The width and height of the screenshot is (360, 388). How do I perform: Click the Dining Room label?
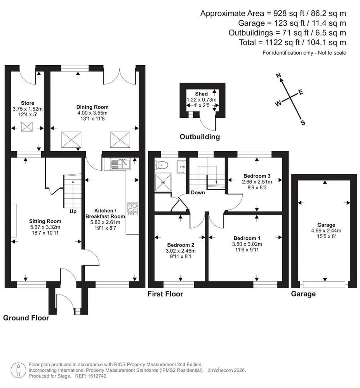point(92,107)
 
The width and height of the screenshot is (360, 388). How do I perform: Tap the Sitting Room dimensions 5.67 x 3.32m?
point(45,227)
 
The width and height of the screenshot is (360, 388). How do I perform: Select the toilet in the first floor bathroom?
point(161,165)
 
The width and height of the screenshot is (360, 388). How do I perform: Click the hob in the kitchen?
point(132,209)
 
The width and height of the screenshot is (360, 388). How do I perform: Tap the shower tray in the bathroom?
point(163,182)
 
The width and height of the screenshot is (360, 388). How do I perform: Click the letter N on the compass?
point(278,75)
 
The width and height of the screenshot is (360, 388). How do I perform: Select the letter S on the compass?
point(303,123)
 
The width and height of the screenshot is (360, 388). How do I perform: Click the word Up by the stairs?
point(73,211)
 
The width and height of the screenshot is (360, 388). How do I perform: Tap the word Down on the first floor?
point(198,192)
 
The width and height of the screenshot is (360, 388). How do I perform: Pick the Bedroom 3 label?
point(257,176)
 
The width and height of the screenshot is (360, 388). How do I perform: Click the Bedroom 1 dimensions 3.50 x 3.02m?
point(247,244)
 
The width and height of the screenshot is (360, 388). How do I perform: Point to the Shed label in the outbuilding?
point(201,94)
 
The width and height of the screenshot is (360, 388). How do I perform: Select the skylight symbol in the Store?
point(27,127)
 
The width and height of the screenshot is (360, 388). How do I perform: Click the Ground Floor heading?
point(26,318)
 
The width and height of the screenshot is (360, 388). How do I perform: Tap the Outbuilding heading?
point(200,137)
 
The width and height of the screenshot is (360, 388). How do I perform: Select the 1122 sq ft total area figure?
point(282,42)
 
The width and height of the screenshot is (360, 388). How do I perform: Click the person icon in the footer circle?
point(19,371)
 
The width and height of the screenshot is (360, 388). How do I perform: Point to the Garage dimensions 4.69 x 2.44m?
point(326,230)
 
